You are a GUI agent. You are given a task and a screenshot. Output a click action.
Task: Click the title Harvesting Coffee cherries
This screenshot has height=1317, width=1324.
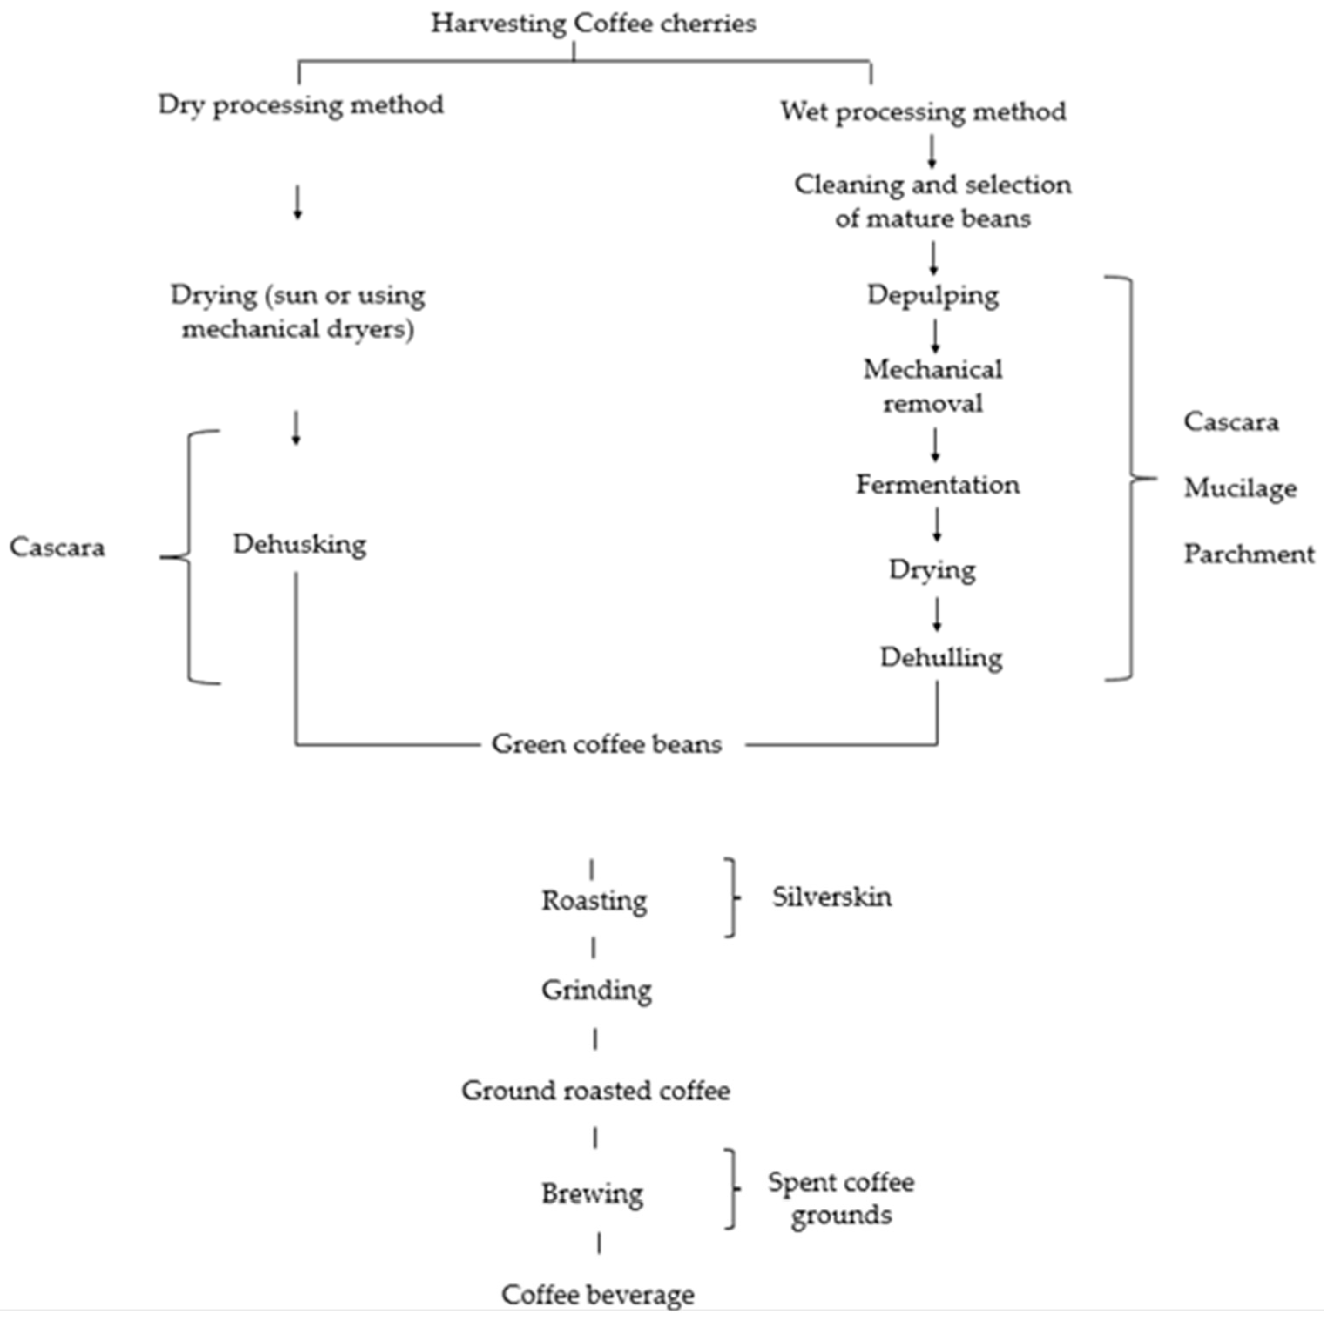pos(594,24)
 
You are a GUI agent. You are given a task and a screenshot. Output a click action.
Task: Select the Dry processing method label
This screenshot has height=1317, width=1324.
pos(301,105)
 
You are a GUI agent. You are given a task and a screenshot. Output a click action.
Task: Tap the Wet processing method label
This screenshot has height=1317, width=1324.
pos(923,111)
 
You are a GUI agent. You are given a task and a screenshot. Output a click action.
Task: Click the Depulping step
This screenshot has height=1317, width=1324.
pos(933,295)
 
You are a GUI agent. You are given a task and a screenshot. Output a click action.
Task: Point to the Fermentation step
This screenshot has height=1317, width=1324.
pos(938,485)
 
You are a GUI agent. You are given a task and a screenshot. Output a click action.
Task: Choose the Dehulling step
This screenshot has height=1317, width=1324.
pos(941,658)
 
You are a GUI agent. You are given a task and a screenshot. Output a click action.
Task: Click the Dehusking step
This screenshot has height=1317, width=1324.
pos(300,544)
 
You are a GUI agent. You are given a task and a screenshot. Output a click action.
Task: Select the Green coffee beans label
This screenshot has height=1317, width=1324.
pos(607,744)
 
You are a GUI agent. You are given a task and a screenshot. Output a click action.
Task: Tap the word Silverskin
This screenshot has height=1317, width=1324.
pos(832,897)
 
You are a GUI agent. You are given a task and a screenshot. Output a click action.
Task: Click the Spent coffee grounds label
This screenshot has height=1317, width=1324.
pos(841,1199)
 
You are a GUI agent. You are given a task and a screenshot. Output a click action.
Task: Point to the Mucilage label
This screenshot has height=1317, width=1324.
pos(1240,488)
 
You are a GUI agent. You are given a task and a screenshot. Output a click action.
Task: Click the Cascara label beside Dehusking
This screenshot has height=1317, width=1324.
pos(57,548)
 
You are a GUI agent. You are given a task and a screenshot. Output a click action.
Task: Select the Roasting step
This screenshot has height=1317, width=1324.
pos(594,900)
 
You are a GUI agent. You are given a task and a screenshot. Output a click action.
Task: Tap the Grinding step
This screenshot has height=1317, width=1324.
pos(596,990)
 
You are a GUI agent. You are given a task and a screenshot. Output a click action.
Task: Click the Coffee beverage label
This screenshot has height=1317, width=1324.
pos(598,1294)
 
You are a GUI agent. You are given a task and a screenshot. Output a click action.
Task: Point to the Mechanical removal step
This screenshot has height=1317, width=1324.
pos(933,386)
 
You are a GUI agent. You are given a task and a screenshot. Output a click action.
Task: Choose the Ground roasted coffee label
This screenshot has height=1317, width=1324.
pos(595,1090)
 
